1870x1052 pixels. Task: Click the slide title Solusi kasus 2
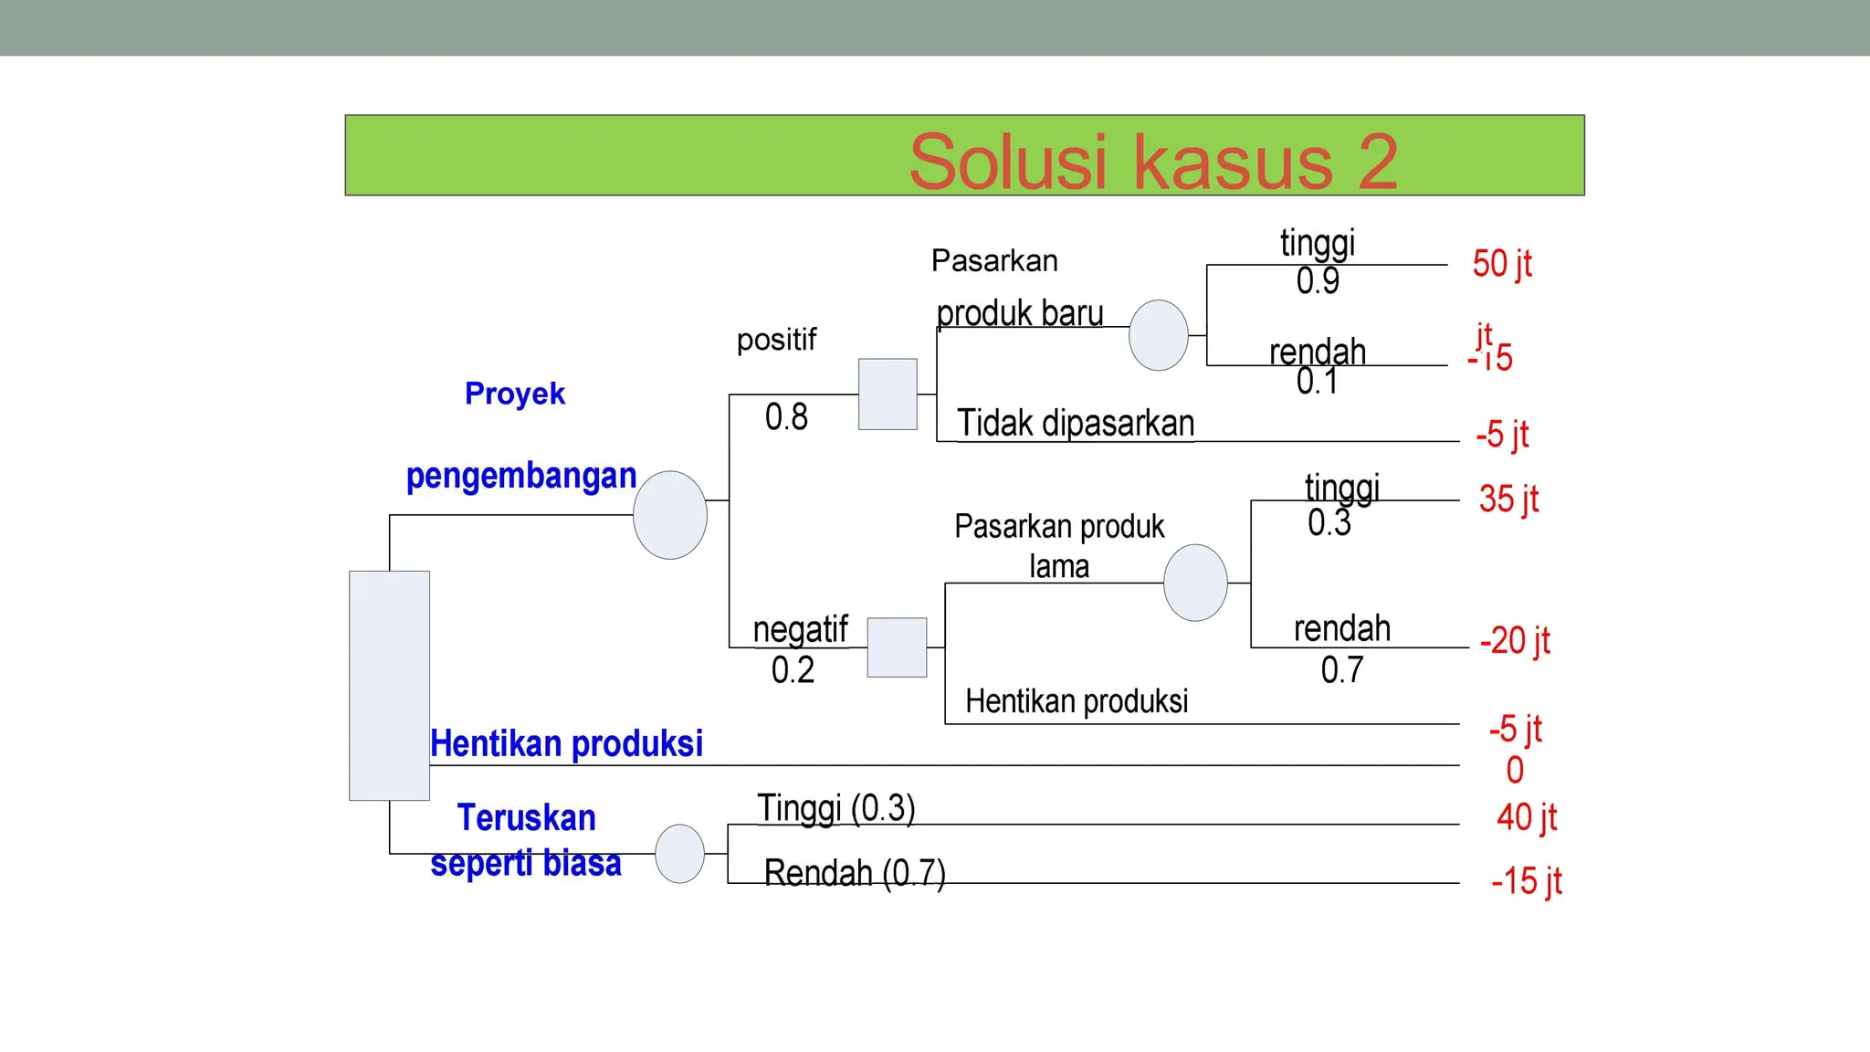tap(1152, 162)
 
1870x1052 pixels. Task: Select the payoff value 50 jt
tap(1501, 264)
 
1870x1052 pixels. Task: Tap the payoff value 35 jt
tap(1508, 500)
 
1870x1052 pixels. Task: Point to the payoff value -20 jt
tap(1515, 641)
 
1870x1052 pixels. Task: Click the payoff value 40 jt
tap(1526, 817)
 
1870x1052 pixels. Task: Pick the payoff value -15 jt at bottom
tap(1526, 881)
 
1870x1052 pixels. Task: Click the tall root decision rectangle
tap(389, 685)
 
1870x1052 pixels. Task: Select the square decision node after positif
tap(888, 394)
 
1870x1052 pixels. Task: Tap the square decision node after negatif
tap(897, 647)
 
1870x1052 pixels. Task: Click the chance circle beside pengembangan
tap(670, 515)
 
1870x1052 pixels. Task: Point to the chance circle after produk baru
tap(1158, 335)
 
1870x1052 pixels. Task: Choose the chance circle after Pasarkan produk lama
tap(1195, 583)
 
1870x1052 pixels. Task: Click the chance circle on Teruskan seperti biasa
tap(680, 854)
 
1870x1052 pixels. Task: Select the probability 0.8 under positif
tap(786, 417)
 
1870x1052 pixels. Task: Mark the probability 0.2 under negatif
tap(793, 670)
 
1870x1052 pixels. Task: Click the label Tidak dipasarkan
tap(1076, 424)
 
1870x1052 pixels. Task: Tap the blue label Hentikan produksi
tap(566, 743)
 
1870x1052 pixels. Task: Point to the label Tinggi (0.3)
tap(835, 808)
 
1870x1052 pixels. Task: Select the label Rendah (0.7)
tap(855, 873)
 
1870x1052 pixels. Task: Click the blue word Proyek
tap(515, 394)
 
